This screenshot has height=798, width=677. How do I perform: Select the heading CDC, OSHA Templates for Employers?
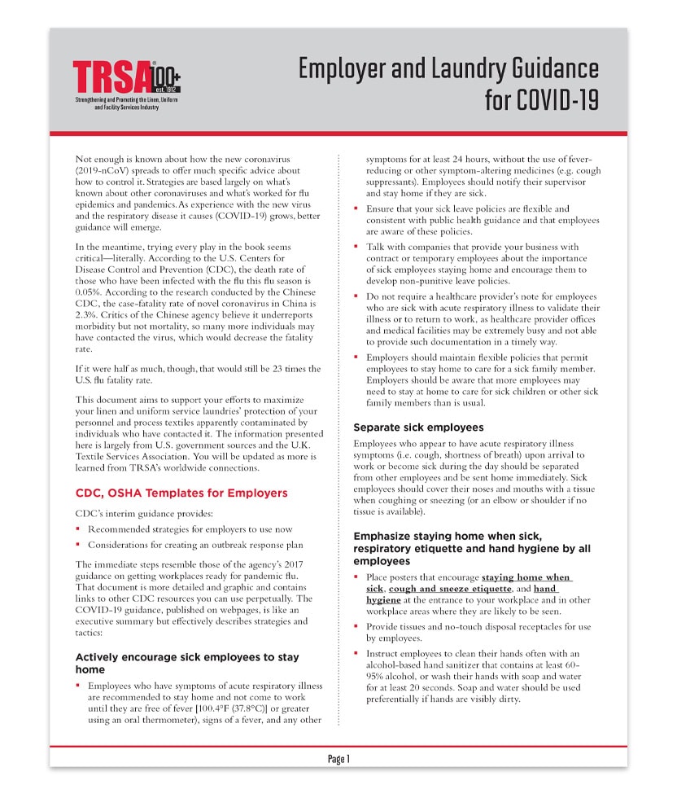pyautogui.click(x=181, y=493)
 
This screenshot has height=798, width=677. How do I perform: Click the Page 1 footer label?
pyautogui.click(x=338, y=759)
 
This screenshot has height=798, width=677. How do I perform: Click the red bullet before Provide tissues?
pyautogui.click(x=356, y=627)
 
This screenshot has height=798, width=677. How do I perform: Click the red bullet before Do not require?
pyautogui.click(x=356, y=296)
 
